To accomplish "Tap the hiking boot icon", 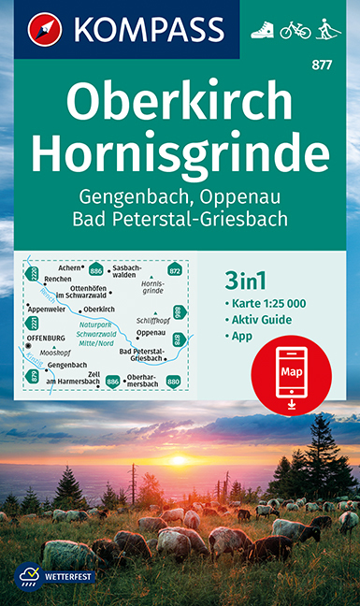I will pyautogui.click(x=263, y=30).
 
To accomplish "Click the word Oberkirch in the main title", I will pyautogui.click(x=180, y=96).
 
